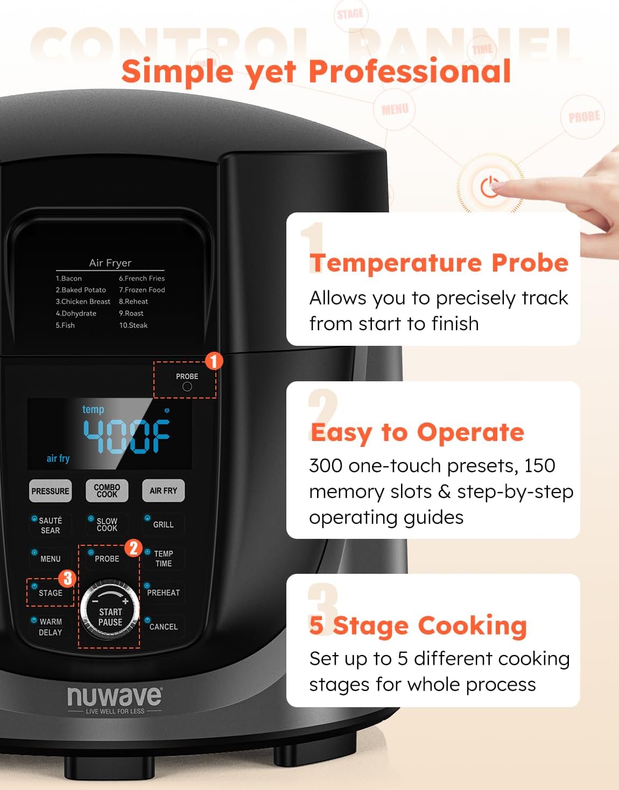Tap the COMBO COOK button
107,490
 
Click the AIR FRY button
163,490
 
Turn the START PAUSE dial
110,611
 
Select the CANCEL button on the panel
163,627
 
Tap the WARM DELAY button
50,627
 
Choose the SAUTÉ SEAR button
50,525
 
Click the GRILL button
163,524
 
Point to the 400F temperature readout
126,436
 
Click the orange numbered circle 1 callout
214,361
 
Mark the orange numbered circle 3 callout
67,579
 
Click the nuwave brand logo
114,697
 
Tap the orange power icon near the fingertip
490,187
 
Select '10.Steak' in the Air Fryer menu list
133,325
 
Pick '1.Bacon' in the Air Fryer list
68,279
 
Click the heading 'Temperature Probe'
439,263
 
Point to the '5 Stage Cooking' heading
418,625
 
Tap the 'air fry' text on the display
58,458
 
